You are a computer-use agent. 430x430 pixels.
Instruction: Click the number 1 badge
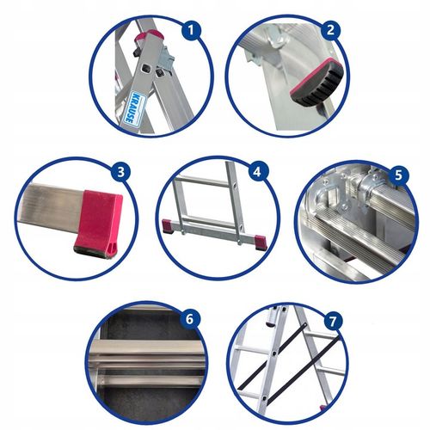193,31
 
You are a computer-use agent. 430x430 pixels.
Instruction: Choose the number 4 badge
255,172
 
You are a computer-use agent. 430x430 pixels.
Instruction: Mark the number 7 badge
333,321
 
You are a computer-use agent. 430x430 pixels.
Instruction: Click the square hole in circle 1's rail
149,66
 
